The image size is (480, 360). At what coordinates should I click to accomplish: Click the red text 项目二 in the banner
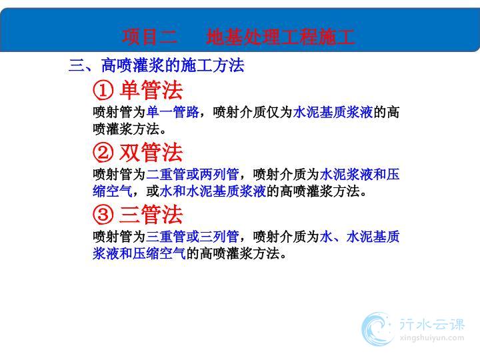pos(150,37)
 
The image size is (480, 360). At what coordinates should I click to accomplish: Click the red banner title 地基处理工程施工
pos(281,37)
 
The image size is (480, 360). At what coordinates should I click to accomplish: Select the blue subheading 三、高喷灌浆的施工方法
pos(157,65)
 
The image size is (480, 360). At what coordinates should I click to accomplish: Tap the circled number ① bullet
pos(103,91)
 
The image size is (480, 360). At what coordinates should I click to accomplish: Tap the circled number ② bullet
pos(103,153)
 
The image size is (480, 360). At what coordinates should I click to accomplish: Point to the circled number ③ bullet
pos(103,215)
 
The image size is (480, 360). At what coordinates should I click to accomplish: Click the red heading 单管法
pos(151,90)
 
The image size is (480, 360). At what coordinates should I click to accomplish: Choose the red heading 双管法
pos(151,152)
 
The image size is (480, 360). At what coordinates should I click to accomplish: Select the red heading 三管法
pos(151,214)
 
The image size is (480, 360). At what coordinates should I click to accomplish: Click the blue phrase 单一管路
pos(173,112)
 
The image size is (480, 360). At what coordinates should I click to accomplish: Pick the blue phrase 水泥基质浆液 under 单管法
pos(333,112)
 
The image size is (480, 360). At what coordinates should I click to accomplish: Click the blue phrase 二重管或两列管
pos(193,175)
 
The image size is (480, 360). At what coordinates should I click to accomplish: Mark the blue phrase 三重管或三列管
pos(193,236)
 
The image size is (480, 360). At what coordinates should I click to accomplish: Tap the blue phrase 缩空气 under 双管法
pos(113,191)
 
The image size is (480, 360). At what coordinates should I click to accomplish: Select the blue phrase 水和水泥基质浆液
pos(213,191)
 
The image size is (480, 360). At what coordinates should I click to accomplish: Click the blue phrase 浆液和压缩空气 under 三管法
pos(139,253)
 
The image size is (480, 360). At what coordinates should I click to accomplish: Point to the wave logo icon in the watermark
pos(377,329)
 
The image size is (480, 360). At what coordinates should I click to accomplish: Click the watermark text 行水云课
pos(432,324)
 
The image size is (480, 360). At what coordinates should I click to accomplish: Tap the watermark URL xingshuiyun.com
pos(432,338)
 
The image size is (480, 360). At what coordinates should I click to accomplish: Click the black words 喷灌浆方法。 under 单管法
pos(129,129)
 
